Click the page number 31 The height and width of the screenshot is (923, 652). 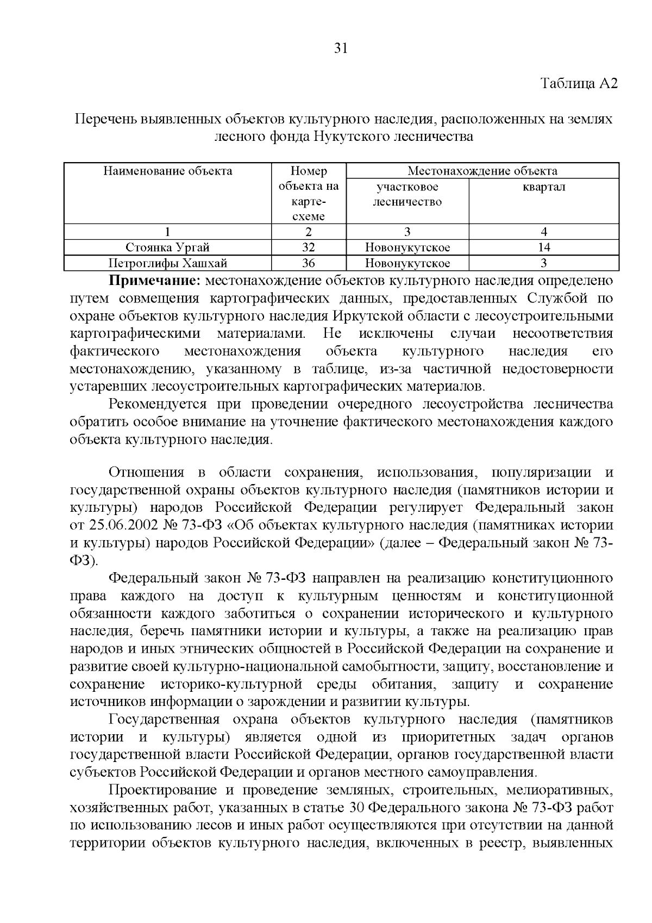pyautogui.click(x=340, y=48)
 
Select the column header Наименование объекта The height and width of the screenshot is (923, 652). pyautogui.click(x=168, y=171)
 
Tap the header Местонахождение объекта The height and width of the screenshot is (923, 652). pyautogui.click(x=482, y=171)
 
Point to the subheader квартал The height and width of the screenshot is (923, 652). pyautogui.click(x=543, y=187)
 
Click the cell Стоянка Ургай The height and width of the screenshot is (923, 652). pyautogui.click(x=168, y=247)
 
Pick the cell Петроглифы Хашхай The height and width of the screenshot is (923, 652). pyautogui.click(x=168, y=264)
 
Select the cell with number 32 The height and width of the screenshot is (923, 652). pyautogui.click(x=308, y=247)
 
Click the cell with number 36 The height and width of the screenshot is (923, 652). pyautogui.click(x=308, y=264)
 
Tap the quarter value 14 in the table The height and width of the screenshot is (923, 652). pyautogui.click(x=543, y=247)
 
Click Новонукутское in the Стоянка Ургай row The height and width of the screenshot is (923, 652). pyautogui.click(x=407, y=247)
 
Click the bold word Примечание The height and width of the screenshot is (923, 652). pyautogui.click(x=155, y=281)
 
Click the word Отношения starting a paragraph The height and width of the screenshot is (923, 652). pyautogui.click(x=147, y=472)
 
